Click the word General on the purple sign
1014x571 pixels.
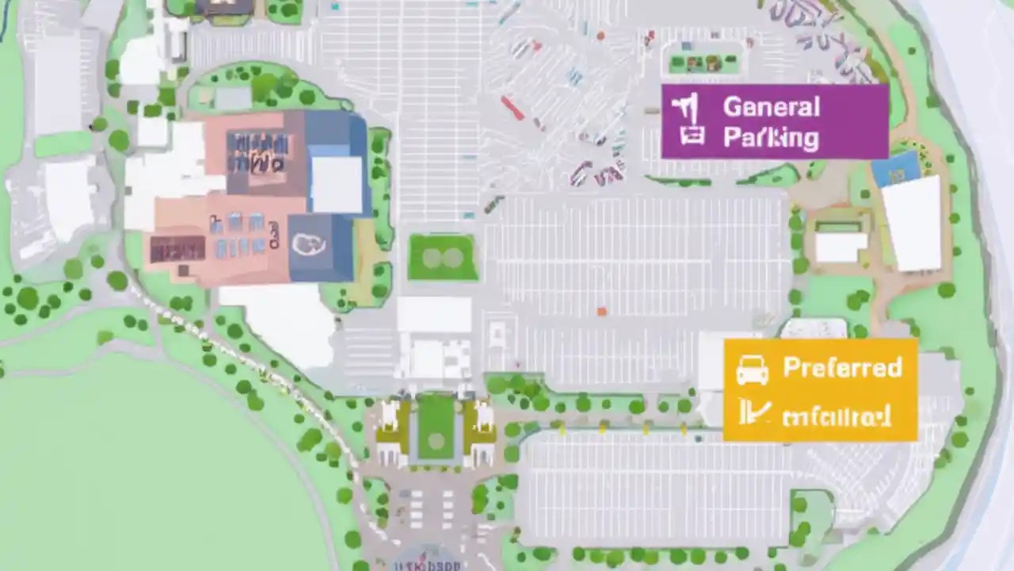[771, 106]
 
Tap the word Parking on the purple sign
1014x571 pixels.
[771, 137]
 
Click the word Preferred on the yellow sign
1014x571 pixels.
[842, 367]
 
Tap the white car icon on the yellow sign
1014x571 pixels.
[752, 370]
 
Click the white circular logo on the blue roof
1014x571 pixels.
[308, 244]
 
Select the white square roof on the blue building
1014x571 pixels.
[336, 184]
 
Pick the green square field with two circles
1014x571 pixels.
[442, 258]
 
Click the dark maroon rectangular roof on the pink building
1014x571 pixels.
[177, 249]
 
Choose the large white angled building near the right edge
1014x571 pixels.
[913, 224]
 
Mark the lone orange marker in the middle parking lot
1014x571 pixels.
[601, 312]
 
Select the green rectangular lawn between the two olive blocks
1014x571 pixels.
[436, 427]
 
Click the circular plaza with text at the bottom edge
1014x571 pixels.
[428, 559]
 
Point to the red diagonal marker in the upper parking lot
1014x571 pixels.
[512, 108]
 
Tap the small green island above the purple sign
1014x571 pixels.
[703, 63]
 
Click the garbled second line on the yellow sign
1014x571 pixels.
[836, 416]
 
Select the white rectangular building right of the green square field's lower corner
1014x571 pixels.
[433, 315]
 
